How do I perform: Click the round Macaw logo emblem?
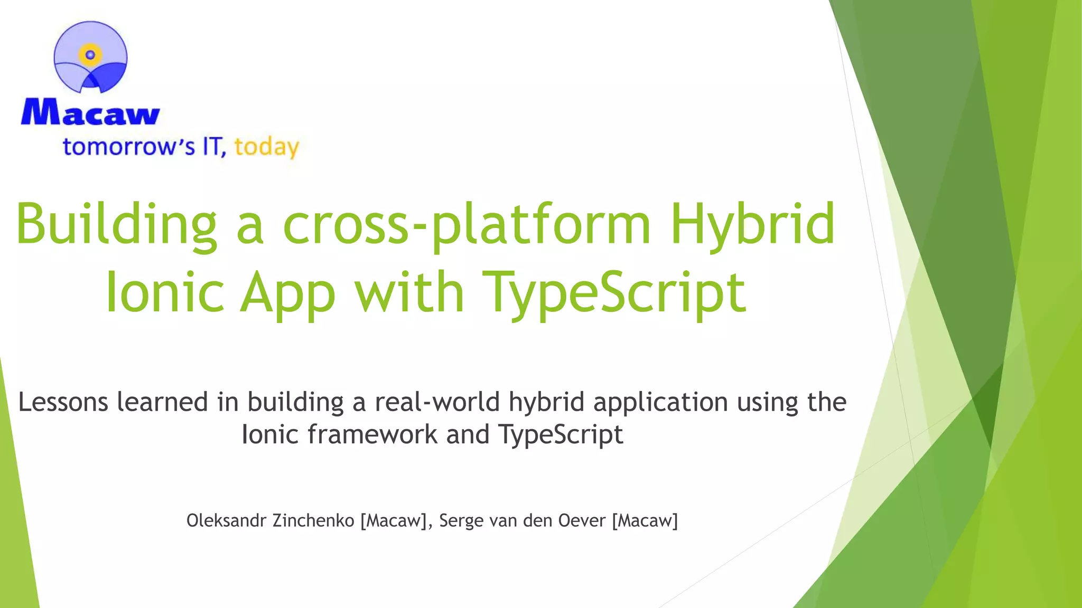tap(91, 57)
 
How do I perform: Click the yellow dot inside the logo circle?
tap(90, 54)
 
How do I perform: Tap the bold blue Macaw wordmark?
tap(90, 112)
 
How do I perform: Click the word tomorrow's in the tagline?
tap(129, 147)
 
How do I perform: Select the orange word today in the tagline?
tap(267, 147)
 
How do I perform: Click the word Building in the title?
tap(117, 225)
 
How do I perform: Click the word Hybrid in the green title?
tap(752, 225)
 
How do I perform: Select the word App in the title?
tap(288, 292)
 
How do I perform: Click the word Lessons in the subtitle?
tap(63, 402)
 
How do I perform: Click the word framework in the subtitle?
tap(372, 434)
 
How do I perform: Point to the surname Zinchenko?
tap(313, 520)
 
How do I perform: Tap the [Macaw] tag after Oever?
tap(645, 521)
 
